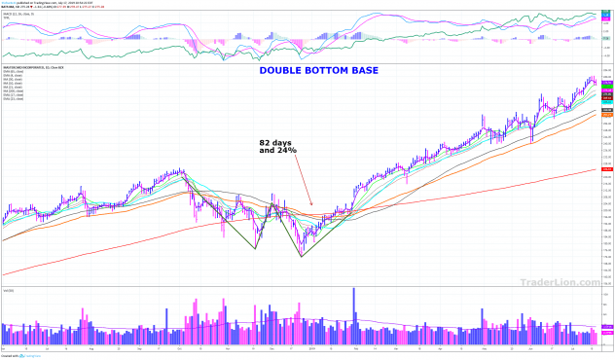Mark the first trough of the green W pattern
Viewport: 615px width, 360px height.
tap(255, 248)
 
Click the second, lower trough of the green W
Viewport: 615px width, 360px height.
tap(302, 257)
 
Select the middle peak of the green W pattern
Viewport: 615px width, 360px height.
tap(275, 204)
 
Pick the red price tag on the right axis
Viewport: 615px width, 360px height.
tap(606, 169)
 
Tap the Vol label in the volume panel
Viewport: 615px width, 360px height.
tap(9, 291)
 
